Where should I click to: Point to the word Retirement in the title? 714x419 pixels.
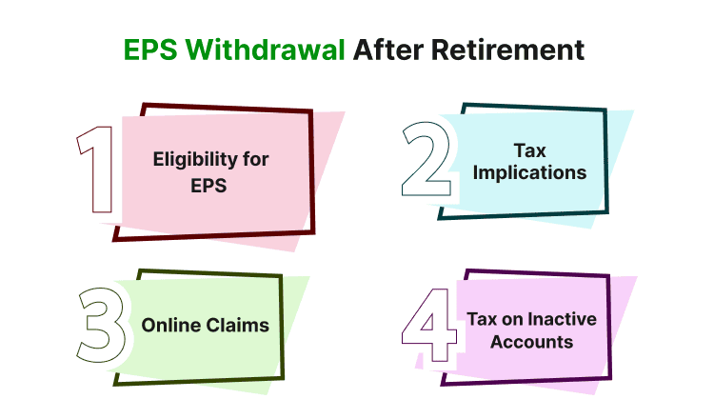click(x=511, y=49)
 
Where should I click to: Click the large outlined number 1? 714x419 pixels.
click(x=95, y=170)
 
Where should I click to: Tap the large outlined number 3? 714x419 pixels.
click(x=100, y=325)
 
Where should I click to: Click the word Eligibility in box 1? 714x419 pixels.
click(x=195, y=159)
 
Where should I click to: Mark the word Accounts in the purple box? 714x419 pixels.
click(x=532, y=342)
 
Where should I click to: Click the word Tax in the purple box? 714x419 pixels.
click(x=482, y=319)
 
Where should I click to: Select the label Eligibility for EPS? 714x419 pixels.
click(x=210, y=170)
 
